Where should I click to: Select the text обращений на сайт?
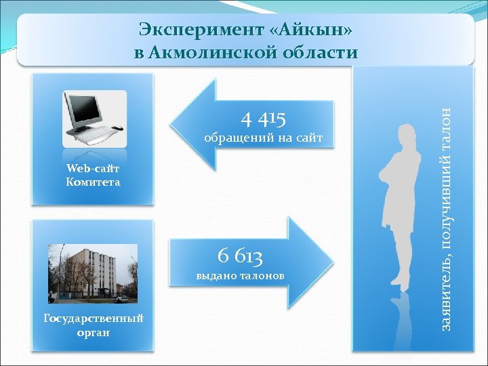pos(264,140)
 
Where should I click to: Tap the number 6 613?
pos(240,256)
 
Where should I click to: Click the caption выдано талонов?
pos(240,276)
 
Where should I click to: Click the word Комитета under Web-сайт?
pos(93,182)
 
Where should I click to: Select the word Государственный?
pos(93,319)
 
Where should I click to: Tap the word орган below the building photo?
pos(93,333)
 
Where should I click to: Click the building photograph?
pos(93,273)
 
